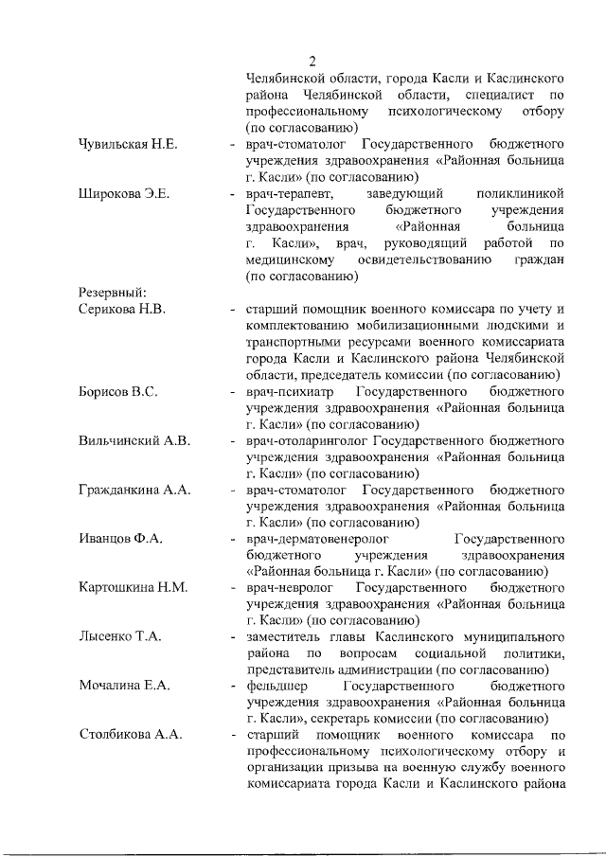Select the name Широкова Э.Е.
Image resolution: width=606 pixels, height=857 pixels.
click(x=123, y=195)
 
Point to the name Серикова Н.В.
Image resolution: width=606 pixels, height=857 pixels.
click(x=123, y=310)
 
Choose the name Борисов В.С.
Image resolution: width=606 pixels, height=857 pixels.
click(x=117, y=391)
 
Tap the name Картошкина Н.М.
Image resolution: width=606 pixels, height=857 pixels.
click(x=133, y=588)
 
